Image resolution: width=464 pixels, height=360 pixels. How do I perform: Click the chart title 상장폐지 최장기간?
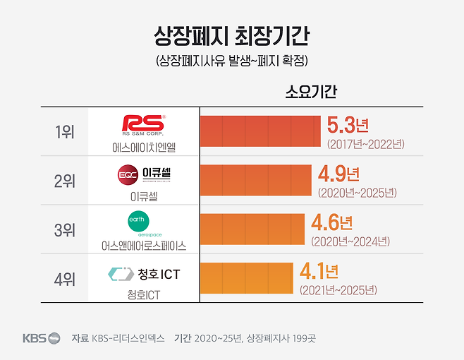coord(231,35)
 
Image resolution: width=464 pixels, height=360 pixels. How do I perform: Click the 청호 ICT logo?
coord(144,273)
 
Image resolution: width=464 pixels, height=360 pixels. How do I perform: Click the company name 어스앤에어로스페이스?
coord(143,246)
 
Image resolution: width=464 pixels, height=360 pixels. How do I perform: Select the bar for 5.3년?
coord(260,131)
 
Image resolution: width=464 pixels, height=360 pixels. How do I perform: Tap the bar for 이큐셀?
coord(255,181)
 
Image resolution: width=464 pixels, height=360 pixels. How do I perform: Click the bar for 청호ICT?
coord(246,278)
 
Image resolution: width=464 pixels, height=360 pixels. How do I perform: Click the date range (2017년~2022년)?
coord(365,144)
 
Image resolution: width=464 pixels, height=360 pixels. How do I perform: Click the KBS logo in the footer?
coord(42,338)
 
